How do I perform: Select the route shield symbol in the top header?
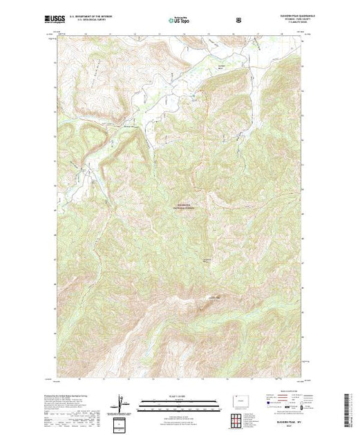[238, 21]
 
